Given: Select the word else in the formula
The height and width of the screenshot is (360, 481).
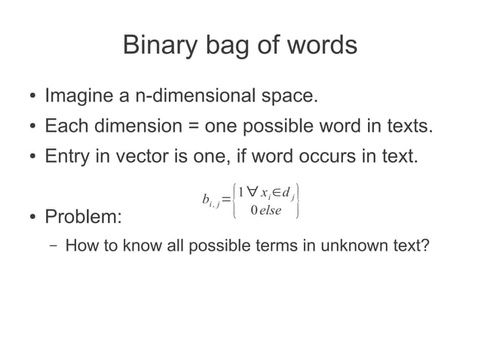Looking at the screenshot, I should [x=268, y=210].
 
